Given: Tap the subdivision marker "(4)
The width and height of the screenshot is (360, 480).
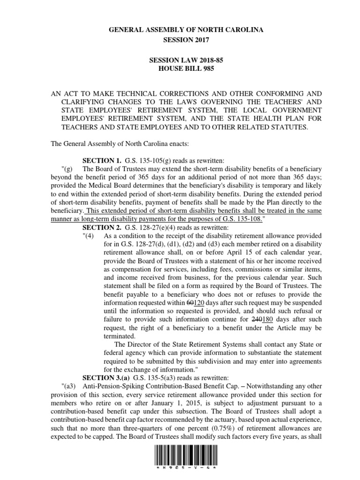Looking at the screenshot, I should pyautogui.click(x=88, y=235).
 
